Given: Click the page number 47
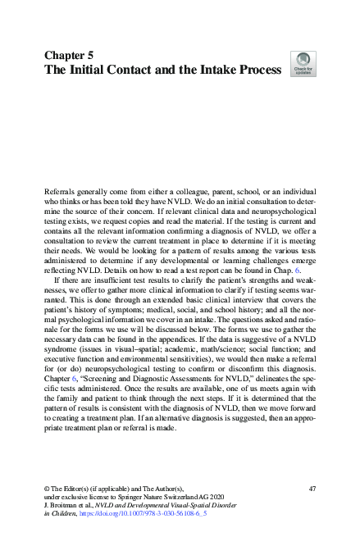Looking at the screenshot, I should coord(312,489).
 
